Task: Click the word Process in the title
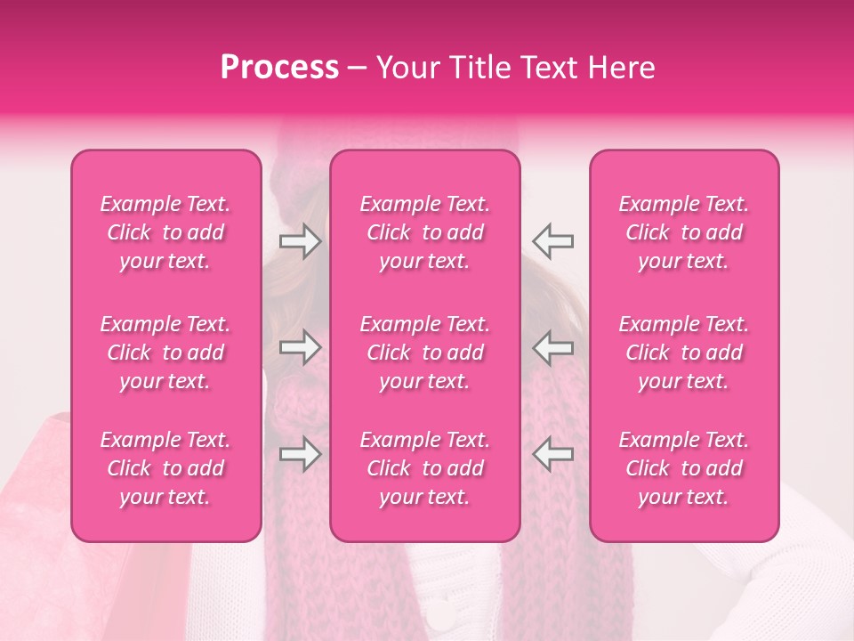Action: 279,68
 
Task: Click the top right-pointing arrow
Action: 300,241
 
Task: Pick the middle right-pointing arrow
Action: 300,347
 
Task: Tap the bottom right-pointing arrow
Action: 300,454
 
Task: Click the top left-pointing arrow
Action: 552,241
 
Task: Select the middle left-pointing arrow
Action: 552,347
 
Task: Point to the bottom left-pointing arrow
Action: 552,454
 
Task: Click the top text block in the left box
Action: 165,232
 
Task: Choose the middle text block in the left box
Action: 165,353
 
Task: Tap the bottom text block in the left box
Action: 165,468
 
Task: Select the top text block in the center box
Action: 425,232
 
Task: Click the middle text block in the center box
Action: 425,353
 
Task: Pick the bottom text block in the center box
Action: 425,468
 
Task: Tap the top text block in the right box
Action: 684,232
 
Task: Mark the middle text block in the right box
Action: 684,353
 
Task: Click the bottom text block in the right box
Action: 684,468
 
